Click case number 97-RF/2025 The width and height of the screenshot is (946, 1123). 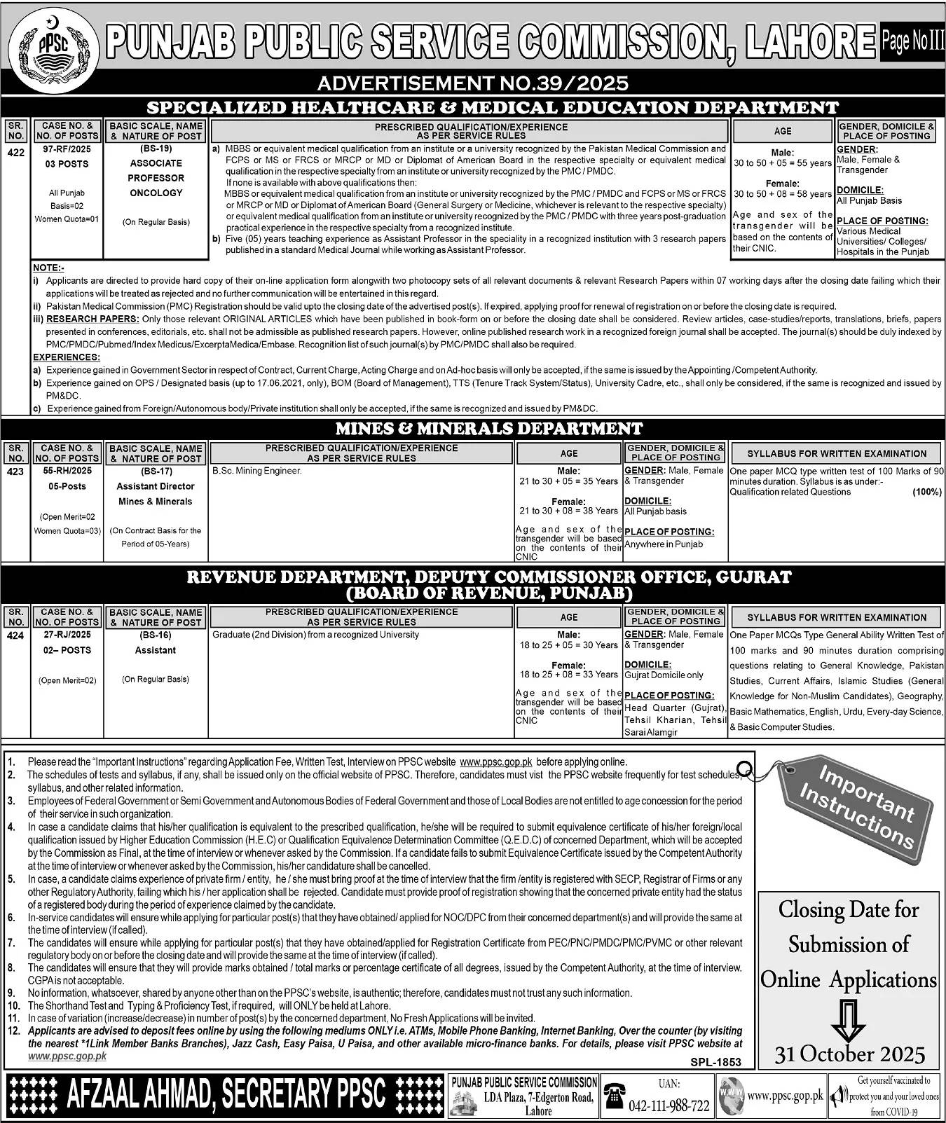coord(67,149)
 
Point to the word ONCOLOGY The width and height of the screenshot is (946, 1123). coord(156,193)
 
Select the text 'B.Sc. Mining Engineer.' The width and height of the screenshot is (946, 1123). coord(257,471)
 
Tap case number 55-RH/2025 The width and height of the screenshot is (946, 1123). coord(67,471)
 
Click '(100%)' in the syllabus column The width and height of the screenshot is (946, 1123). coord(926,492)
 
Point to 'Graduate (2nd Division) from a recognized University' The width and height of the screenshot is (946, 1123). coord(315,635)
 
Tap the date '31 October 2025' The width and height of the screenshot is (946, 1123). coord(850,1054)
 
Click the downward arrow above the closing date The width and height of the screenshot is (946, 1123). coord(849,1020)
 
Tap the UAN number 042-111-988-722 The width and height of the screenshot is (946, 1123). coord(669,1106)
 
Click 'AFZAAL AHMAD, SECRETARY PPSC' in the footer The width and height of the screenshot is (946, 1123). coord(226,1094)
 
